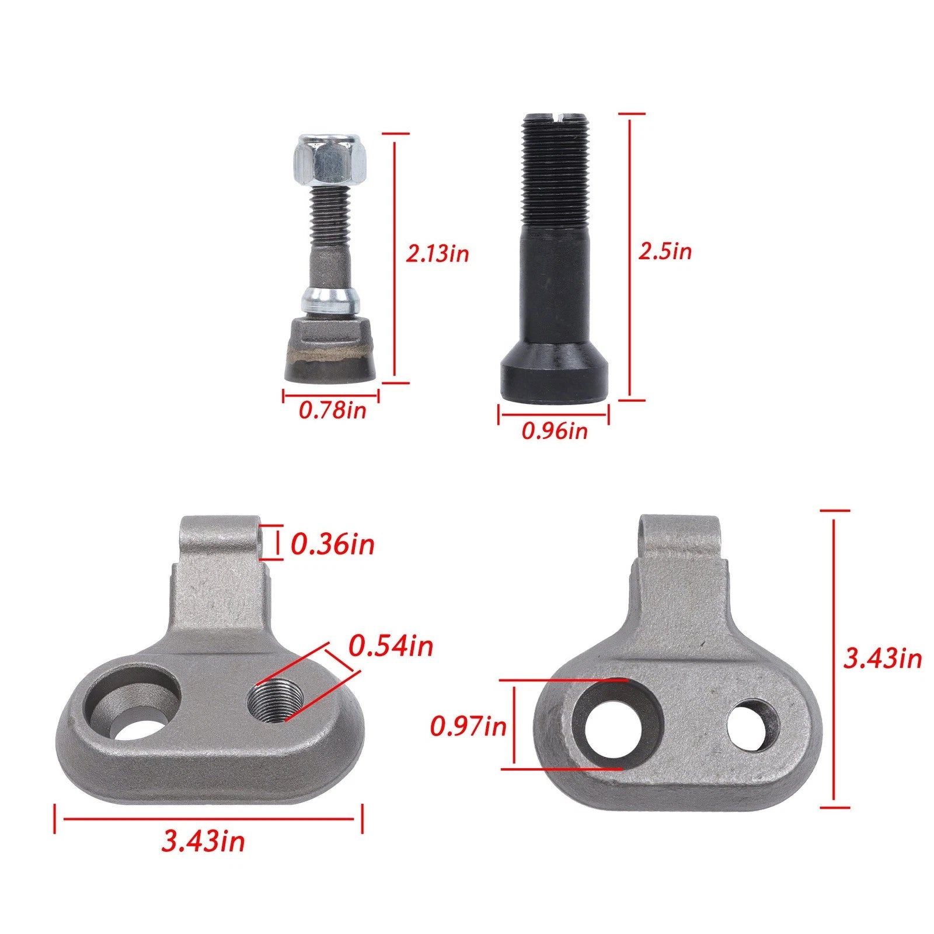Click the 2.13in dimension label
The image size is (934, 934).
tap(437, 254)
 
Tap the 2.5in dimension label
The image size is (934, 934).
tap(665, 251)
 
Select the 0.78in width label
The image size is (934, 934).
tap(332, 410)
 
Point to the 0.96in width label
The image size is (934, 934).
tap(555, 431)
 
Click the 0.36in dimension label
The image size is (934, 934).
tap(332, 545)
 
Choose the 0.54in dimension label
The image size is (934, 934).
tap(391, 646)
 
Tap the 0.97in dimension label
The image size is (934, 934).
tap(468, 727)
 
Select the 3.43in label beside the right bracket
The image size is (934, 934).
tap(882, 658)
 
